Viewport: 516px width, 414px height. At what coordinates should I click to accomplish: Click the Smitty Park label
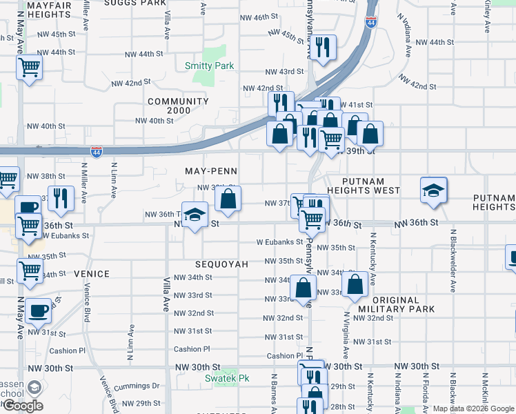[x=209, y=66]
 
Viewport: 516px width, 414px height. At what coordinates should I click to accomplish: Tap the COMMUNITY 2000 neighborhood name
[x=178, y=106]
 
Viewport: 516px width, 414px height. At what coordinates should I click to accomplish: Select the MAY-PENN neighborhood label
[x=210, y=170]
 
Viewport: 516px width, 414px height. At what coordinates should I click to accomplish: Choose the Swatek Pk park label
[x=226, y=378]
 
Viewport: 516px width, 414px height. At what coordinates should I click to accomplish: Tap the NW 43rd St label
[x=286, y=72]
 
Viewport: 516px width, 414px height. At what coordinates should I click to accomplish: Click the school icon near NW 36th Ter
[x=195, y=213]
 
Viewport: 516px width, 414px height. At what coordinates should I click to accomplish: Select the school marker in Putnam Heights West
[x=434, y=190]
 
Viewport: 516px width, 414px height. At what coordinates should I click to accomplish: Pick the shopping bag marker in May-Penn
[x=228, y=199]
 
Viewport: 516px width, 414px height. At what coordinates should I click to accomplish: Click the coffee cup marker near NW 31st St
[x=39, y=310]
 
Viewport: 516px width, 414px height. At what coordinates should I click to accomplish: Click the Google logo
[x=23, y=406]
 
